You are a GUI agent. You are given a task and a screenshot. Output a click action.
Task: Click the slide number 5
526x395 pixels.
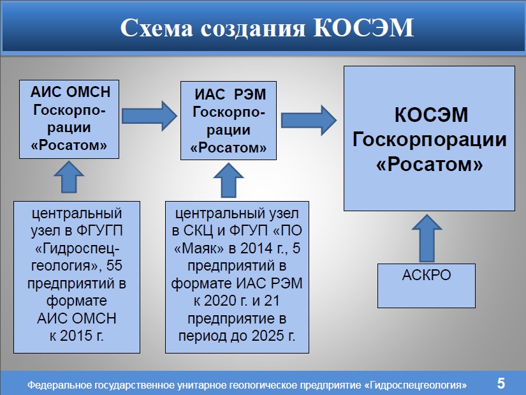[x=501, y=384]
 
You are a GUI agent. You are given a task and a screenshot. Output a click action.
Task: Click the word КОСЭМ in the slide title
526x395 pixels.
[x=363, y=27]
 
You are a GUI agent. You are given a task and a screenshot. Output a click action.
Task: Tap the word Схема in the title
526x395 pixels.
[x=157, y=27]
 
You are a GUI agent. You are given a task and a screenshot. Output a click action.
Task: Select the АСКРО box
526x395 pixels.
[x=427, y=285]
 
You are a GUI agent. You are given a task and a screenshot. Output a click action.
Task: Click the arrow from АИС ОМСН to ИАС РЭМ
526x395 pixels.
[x=149, y=116]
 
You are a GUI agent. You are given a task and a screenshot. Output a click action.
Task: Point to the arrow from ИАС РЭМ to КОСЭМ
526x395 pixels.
[x=309, y=120]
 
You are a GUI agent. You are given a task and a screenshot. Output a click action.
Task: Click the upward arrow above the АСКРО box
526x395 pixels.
[x=427, y=238]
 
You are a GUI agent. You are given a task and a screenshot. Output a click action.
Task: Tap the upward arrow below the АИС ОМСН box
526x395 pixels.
[x=69, y=177]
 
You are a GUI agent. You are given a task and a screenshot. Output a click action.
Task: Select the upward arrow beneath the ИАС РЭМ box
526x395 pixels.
[x=228, y=181]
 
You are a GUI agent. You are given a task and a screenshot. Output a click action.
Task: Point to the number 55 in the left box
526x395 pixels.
[x=114, y=265]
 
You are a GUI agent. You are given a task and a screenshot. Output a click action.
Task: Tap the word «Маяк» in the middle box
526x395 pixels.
[x=199, y=249]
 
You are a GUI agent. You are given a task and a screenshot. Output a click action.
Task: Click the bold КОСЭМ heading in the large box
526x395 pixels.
[x=431, y=115]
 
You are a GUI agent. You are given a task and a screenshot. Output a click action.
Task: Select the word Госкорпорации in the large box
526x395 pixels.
[x=429, y=140]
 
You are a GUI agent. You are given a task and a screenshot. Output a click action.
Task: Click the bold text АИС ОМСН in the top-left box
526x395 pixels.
[x=70, y=92]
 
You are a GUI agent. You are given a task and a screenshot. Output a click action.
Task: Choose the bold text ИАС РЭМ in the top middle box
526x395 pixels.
[x=230, y=94]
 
